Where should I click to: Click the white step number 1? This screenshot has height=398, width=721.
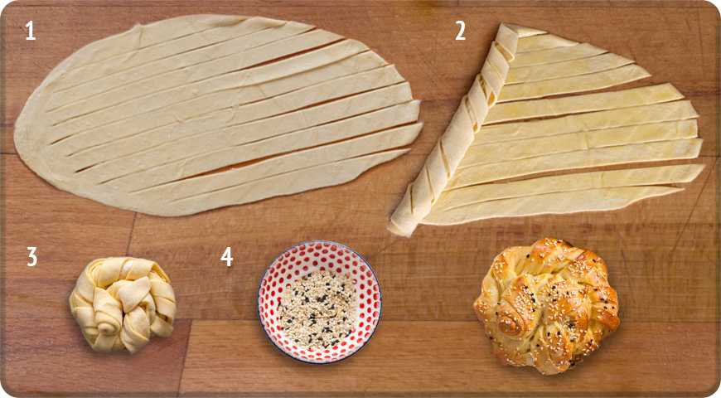tap(31, 32)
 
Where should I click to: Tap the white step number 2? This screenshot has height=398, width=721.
tap(460, 32)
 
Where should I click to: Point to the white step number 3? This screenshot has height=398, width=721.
tap(31, 257)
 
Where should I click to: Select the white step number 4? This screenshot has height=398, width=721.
tap(227, 257)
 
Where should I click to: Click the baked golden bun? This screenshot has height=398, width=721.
tap(546, 305)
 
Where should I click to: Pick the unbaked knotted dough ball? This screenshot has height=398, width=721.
tap(123, 304)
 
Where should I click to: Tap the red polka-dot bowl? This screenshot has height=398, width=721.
tap(320, 302)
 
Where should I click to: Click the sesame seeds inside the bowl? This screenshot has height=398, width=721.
tap(317, 308)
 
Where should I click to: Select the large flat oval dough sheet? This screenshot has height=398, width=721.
tap(217, 115)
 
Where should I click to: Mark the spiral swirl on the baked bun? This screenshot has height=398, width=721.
tap(511, 324)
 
